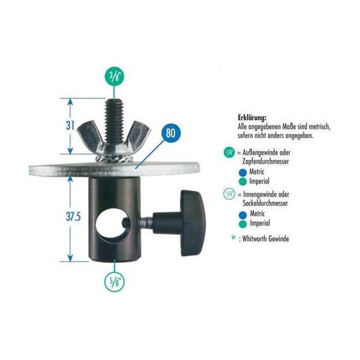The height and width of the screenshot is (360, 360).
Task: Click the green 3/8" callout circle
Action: click(x=115, y=76)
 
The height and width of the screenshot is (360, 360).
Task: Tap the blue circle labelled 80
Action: click(x=170, y=133)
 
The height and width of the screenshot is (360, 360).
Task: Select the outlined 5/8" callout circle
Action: click(x=115, y=282)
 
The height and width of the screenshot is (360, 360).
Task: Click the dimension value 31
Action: click(x=70, y=125)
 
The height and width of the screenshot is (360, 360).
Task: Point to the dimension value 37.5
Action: click(x=73, y=217)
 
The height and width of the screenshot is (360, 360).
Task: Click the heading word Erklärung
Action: click(x=252, y=118)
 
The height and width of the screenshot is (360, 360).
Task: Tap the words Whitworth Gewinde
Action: click(x=265, y=239)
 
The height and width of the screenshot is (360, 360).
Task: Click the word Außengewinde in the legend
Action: click(x=266, y=152)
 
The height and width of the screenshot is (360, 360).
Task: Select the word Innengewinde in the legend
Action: click(x=266, y=194)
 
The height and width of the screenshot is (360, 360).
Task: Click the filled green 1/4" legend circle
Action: click(x=229, y=152)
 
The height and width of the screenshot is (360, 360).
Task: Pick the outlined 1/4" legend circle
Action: click(x=229, y=194)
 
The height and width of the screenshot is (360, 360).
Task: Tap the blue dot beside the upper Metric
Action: click(x=242, y=173)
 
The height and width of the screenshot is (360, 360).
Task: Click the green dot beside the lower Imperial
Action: click(x=242, y=224)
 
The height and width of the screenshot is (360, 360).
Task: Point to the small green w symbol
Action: click(x=233, y=238)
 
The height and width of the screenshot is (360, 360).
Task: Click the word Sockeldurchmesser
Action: click(x=265, y=203)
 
